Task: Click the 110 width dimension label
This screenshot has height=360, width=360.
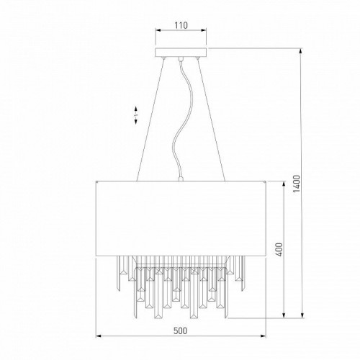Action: tap(180, 25)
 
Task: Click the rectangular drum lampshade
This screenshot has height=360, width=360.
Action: tap(180, 213)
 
